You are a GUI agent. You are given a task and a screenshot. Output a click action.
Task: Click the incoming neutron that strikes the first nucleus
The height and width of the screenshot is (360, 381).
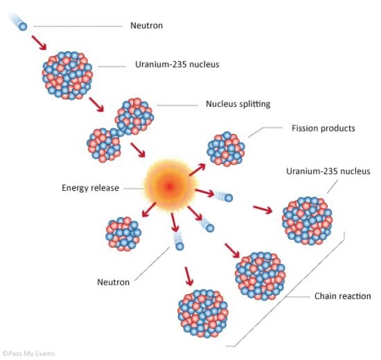point(22,26)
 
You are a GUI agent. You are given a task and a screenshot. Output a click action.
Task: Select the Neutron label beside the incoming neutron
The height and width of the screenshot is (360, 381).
point(146,26)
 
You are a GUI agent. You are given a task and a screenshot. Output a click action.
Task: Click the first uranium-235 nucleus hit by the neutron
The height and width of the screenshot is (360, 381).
point(69,74)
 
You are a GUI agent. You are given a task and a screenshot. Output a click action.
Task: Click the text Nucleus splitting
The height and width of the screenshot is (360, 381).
point(238,104)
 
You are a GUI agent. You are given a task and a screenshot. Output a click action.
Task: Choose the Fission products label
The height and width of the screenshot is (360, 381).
point(323,129)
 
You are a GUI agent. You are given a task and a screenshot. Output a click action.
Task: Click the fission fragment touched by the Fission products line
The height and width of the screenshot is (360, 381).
point(226,149)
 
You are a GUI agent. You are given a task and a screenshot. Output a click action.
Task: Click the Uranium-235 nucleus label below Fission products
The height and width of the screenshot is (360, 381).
point(328,171)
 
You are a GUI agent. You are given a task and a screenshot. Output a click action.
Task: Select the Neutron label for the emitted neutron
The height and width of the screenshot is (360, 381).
point(113,282)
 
